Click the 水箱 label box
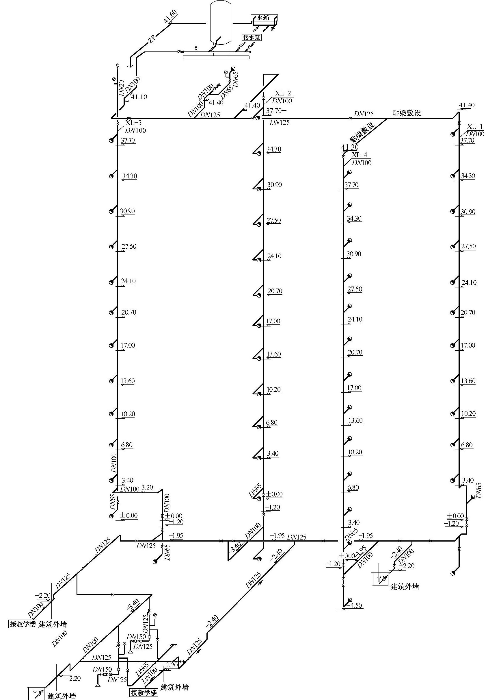(263, 18)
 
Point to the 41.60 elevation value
(170, 17)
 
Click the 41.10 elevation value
(139, 97)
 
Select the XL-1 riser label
(475, 127)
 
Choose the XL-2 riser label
(283, 93)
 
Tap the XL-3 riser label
(133, 123)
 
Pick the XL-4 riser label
(359, 155)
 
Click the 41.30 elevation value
(350, 147)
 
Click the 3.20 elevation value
(147, 488)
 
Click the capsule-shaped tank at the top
(220, 22)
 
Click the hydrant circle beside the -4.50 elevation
(350, 600)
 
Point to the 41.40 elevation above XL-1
(466, 105)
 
